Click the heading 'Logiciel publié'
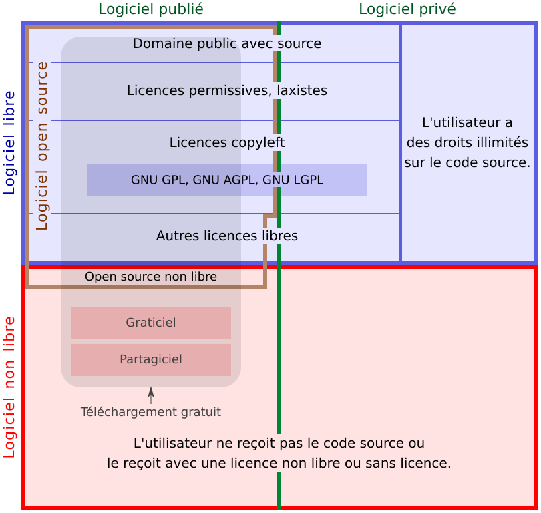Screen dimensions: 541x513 pos(151,9)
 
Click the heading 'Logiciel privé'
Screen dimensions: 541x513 pos(407,9)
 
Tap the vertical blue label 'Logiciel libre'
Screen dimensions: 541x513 pos(9,142)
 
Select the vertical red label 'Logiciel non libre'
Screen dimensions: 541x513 pos(9,387)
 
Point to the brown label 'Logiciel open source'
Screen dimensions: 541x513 pos(42,146)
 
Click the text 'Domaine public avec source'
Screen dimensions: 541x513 pos(227,44)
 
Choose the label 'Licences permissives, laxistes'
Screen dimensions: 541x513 pos(227,90)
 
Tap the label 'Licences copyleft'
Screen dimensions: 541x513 pos(227,142)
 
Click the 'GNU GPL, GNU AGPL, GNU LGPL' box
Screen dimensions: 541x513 pos(227,180)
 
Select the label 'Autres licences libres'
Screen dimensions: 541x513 pos(227,236)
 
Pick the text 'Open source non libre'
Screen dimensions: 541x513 pos(151,277)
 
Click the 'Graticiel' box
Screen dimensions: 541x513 pos(151,323)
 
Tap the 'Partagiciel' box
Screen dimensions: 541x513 pos(151,359)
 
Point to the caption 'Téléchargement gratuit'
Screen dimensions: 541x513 pos(151,412)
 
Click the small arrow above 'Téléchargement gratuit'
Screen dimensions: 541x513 pos(151,395)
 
